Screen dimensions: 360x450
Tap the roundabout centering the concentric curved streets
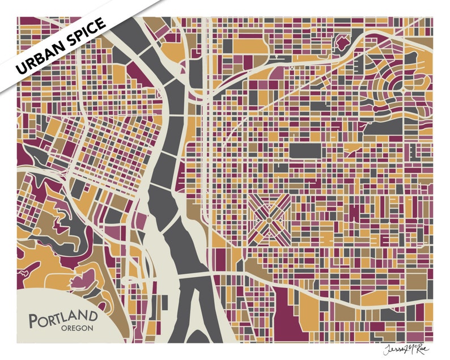tap(403, 90)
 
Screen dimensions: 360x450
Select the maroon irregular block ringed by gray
tap(343, 43)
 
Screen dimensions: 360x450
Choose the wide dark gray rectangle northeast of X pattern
tap(306, 150)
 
